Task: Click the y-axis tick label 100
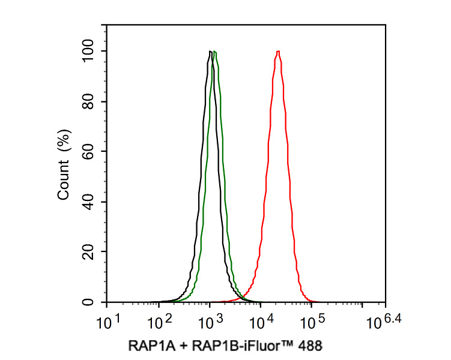[89, 52]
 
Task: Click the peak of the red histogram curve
[278, 52]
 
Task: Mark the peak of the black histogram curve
[210, 52]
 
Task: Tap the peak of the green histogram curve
[214, 52]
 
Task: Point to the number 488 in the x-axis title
[310, 346]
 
